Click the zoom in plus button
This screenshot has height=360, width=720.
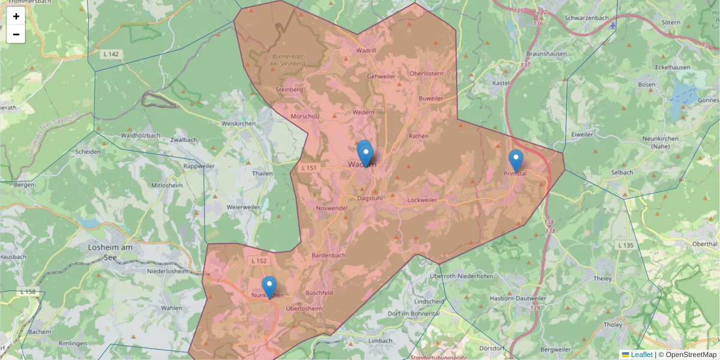pos(16,16)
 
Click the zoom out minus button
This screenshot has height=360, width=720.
pos(16,34)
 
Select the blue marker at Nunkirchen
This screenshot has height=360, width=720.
pos(269,287)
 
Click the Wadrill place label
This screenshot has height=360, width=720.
pos(366,50)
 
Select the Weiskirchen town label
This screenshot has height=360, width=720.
pos(239,123)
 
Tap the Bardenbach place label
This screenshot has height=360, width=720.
pos(328,255)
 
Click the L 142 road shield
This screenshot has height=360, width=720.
pos(111,54)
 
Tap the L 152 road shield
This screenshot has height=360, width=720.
pos(259,260)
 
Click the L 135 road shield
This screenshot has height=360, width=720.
pos(626,245)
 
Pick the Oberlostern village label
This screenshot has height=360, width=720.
pos(426,73)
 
